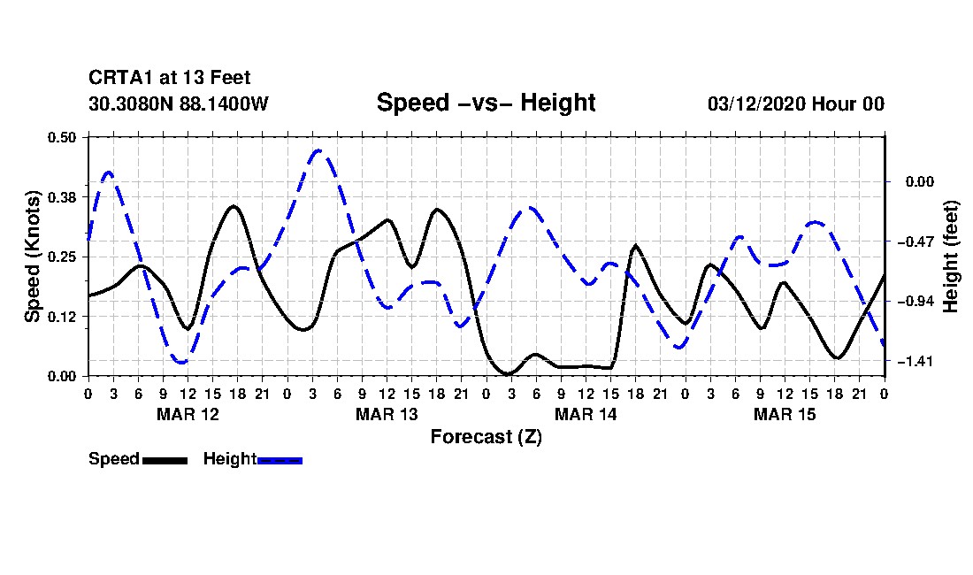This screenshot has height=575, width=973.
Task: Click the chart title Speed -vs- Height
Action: (486, 103)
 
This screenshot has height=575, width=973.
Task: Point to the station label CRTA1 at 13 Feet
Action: (169, 78)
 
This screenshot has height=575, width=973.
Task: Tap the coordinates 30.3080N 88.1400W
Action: (178, 103)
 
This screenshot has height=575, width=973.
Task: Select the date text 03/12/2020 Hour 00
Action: (796, 103)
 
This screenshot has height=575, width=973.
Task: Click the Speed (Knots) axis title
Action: (33, 256)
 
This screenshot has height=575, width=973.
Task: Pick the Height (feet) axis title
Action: (952, 257)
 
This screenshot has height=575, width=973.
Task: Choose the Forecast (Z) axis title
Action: (486, 437)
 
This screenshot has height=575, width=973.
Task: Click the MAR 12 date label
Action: (188, 414)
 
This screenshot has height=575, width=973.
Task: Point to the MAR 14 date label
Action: (586, 414)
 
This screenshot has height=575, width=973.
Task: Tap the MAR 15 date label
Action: (785, 414)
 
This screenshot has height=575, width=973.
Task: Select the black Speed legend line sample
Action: (165, 460)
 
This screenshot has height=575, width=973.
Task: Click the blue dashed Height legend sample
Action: (280, 460)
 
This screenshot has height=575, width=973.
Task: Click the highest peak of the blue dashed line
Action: (318, 150)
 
